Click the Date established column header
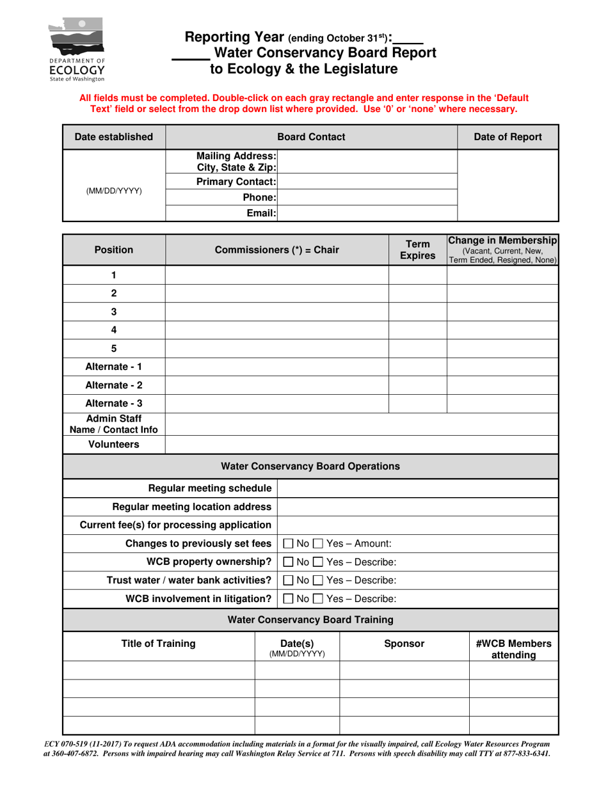[x=114, y=137]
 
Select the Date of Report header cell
[x=508, y=137]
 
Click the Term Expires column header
[x=417, y=250]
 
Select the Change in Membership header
[x=502, y=250]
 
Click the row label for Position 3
[x=114, y=312]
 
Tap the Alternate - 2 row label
[x=114, y=385]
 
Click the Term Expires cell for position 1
[x=417, y=275]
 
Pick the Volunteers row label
[x=114, y=445]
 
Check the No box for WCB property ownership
[x=289, y=562]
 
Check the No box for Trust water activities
[x=289, y=581]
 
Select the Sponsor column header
[x=404, y=644]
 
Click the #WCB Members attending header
[x=513, y=649]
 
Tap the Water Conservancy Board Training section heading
[x=310, y=619]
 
